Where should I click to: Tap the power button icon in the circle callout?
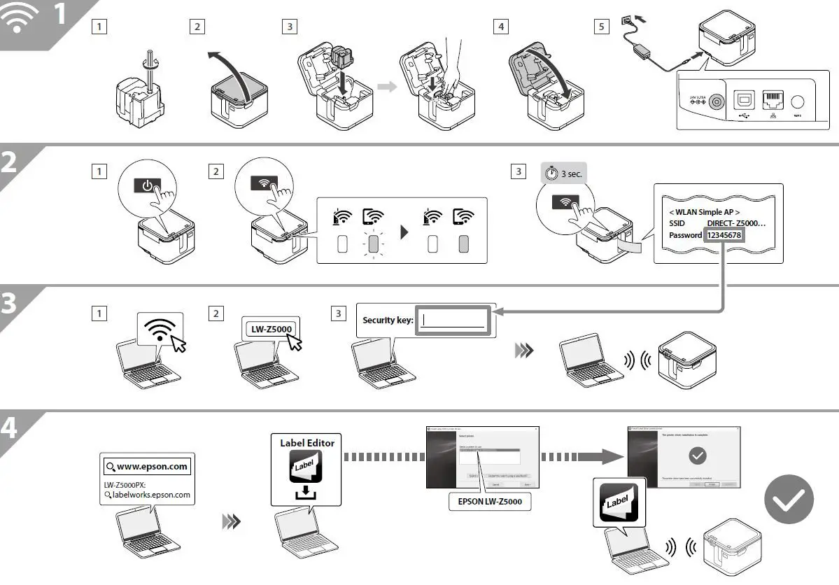pos(146,186)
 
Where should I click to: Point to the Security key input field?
pos(453,320)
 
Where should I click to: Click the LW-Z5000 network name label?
pos(272,328)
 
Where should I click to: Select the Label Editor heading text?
pos(307,442)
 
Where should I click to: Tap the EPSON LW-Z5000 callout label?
pos(490,502)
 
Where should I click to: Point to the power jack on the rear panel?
pos(716,102)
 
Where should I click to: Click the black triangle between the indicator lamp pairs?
pos(404,232)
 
